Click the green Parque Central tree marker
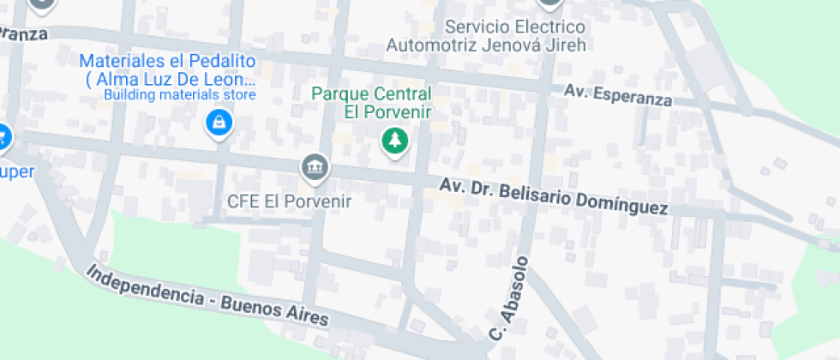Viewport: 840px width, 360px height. (394, 140)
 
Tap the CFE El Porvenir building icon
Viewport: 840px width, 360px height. (315, 166)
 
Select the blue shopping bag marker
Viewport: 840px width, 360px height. (219, 122)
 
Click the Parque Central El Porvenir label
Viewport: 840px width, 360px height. (371, 102)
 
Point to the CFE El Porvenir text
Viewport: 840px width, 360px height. (289, 201)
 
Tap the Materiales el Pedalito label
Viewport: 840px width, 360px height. (168, 70)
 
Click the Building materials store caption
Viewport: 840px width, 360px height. (180, 94)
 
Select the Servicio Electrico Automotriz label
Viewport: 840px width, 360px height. (486, 36)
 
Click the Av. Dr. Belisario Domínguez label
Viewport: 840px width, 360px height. (553, 196)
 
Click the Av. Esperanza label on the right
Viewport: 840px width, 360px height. (617, 94)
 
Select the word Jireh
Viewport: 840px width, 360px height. (563, 45)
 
